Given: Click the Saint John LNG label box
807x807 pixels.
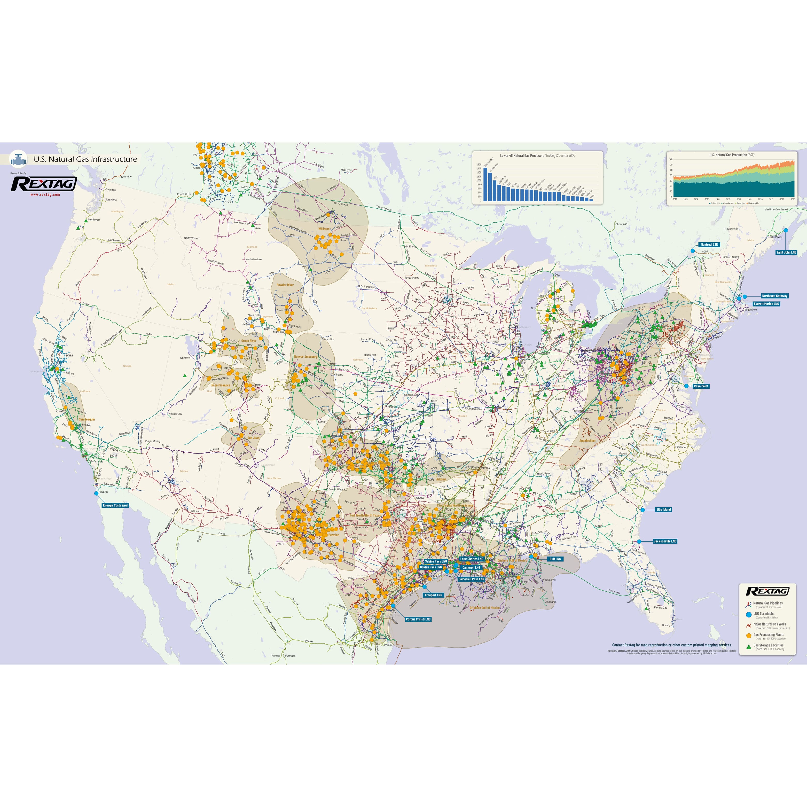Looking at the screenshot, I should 786,252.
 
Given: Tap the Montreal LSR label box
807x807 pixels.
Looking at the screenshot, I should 709,244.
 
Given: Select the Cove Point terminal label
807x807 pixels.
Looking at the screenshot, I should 701,386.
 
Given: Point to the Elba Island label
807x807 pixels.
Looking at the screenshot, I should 663,510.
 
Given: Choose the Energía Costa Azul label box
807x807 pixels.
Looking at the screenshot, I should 115,505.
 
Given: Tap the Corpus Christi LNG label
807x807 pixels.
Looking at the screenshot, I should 418,619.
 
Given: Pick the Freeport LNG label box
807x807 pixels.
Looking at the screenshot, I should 433,595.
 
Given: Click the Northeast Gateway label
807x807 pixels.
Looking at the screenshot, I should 774,296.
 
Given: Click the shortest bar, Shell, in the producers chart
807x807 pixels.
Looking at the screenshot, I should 591,200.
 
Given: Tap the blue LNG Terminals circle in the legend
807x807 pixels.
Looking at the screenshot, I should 749,614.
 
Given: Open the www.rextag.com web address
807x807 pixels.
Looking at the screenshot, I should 45,194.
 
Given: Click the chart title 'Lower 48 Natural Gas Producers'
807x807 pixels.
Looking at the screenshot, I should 522,155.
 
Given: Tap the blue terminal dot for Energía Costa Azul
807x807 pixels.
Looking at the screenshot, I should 97,493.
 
